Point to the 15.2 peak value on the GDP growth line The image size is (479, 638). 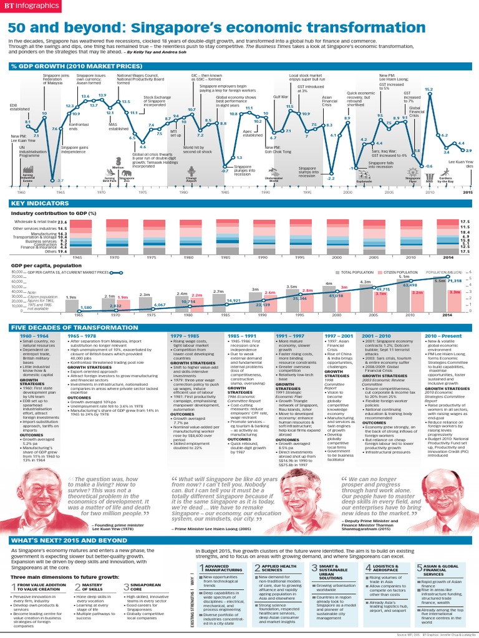click(428, 90)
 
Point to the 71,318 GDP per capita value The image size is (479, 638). click(458, 282)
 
